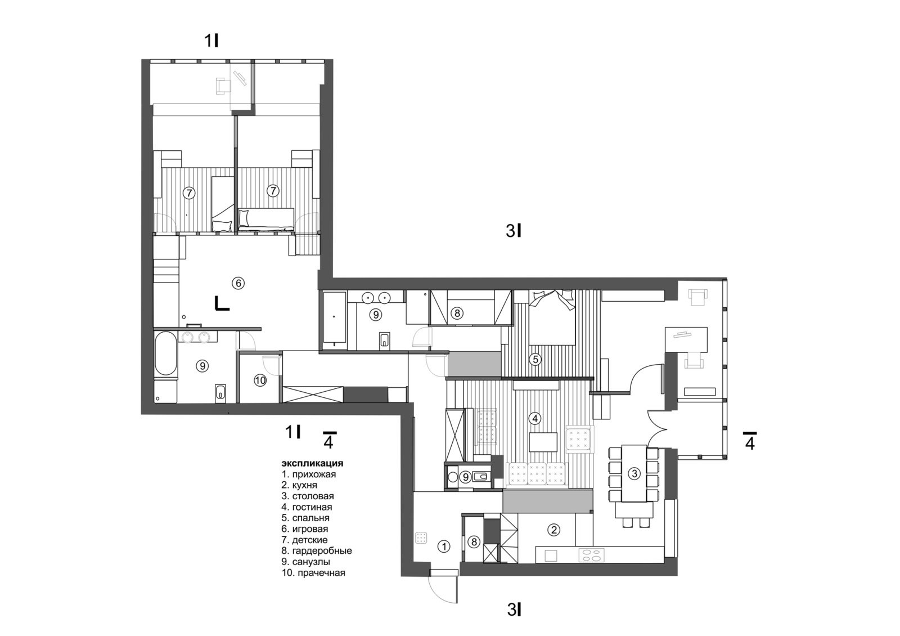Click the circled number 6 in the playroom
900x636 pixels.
coord(238,283)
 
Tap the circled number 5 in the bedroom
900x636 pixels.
coord(535,358)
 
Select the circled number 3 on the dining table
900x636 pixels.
coord(634,473)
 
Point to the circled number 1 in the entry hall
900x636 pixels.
coord(444,545)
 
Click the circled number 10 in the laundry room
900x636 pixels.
coord(259,381)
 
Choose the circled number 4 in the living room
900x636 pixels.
coord(535,418)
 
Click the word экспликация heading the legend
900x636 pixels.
coord(312,464)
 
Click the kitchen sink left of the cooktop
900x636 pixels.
coord(551,555)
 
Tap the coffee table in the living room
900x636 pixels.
coord(543,442)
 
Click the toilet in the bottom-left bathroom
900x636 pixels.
coord(220,393)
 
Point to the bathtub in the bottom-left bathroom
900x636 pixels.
coord(165,355)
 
